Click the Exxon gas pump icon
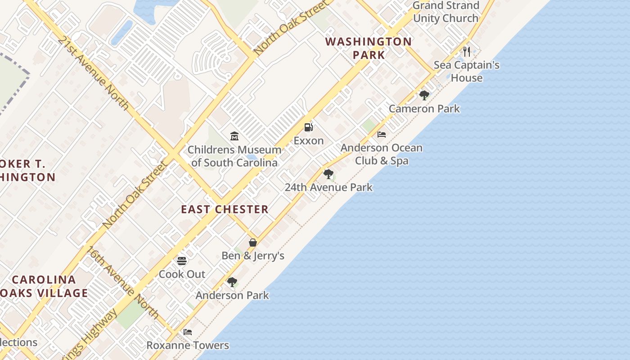coord(308,127)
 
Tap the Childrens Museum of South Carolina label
coord(234,156)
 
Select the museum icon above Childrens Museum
coord(234,136)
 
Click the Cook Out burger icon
coord(182,261)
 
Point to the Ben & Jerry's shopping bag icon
coord(253,243)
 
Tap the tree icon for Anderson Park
coord(232,282)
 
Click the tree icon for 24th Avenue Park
coord(328,174)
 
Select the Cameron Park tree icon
coord(424,95)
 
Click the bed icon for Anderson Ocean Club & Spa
coord(382,134)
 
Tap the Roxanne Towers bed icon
coord(188,332)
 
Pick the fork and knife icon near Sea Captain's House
coord(467,51)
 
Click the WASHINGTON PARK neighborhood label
coord(369,48)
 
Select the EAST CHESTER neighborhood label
coord(225,209)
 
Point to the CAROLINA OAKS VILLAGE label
coord(44,286)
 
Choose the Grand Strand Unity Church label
coord(445,12)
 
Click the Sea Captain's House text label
coord(467,72)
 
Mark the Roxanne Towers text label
coord(188,346)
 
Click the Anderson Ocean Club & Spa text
coord(382,154)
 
